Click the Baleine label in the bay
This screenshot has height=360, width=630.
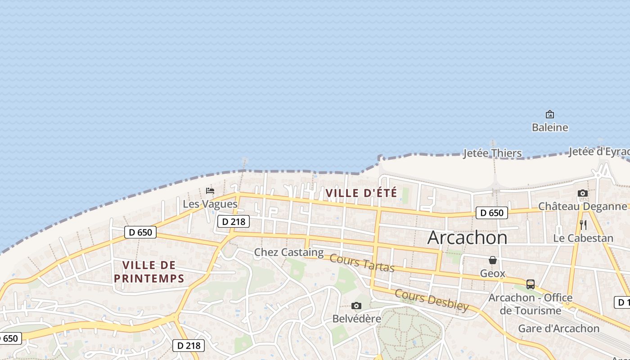click(550, 127)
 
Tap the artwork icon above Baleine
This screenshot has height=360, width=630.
click(549, 114)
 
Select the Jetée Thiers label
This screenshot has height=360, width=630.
click(492, 153)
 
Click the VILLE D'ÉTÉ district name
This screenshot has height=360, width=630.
click(361, 193)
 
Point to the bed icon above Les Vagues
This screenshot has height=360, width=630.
click(210, 191)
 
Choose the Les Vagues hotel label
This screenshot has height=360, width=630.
click(210, 204)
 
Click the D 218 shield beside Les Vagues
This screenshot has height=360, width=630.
click(233, 221)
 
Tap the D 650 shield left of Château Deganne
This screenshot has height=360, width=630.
click(491, 213)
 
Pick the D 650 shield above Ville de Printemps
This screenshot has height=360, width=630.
click(140, 232)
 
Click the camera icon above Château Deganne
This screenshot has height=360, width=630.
click(583, 193)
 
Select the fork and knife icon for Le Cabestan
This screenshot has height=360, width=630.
click(583, 225)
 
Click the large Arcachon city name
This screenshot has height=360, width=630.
click(467, 237)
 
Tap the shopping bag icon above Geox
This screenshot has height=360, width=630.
click(493, 260)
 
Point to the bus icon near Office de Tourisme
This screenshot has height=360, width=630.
click(531, 284)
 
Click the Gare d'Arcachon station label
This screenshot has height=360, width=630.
click(559, 328)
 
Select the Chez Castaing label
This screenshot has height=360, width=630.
click(289, 252)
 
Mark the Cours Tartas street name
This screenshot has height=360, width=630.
click(362, 263)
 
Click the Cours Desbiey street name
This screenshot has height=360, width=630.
click(432, 300)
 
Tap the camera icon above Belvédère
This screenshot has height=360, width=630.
click(356, 306)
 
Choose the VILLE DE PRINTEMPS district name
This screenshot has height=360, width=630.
click(149, 272)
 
